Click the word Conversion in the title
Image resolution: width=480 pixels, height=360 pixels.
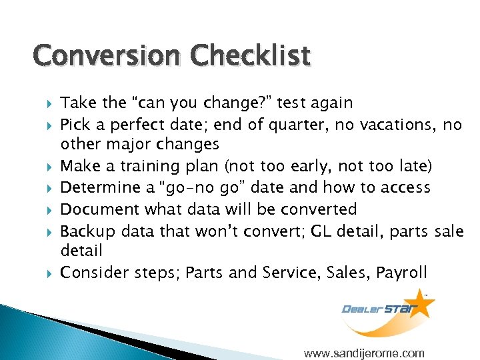tap(106, 57)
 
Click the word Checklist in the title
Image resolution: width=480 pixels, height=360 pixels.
tap(250, 57)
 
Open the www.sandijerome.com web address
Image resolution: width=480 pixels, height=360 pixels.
tap(364, 353)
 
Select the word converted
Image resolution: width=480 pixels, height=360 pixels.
tap(321, 209)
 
